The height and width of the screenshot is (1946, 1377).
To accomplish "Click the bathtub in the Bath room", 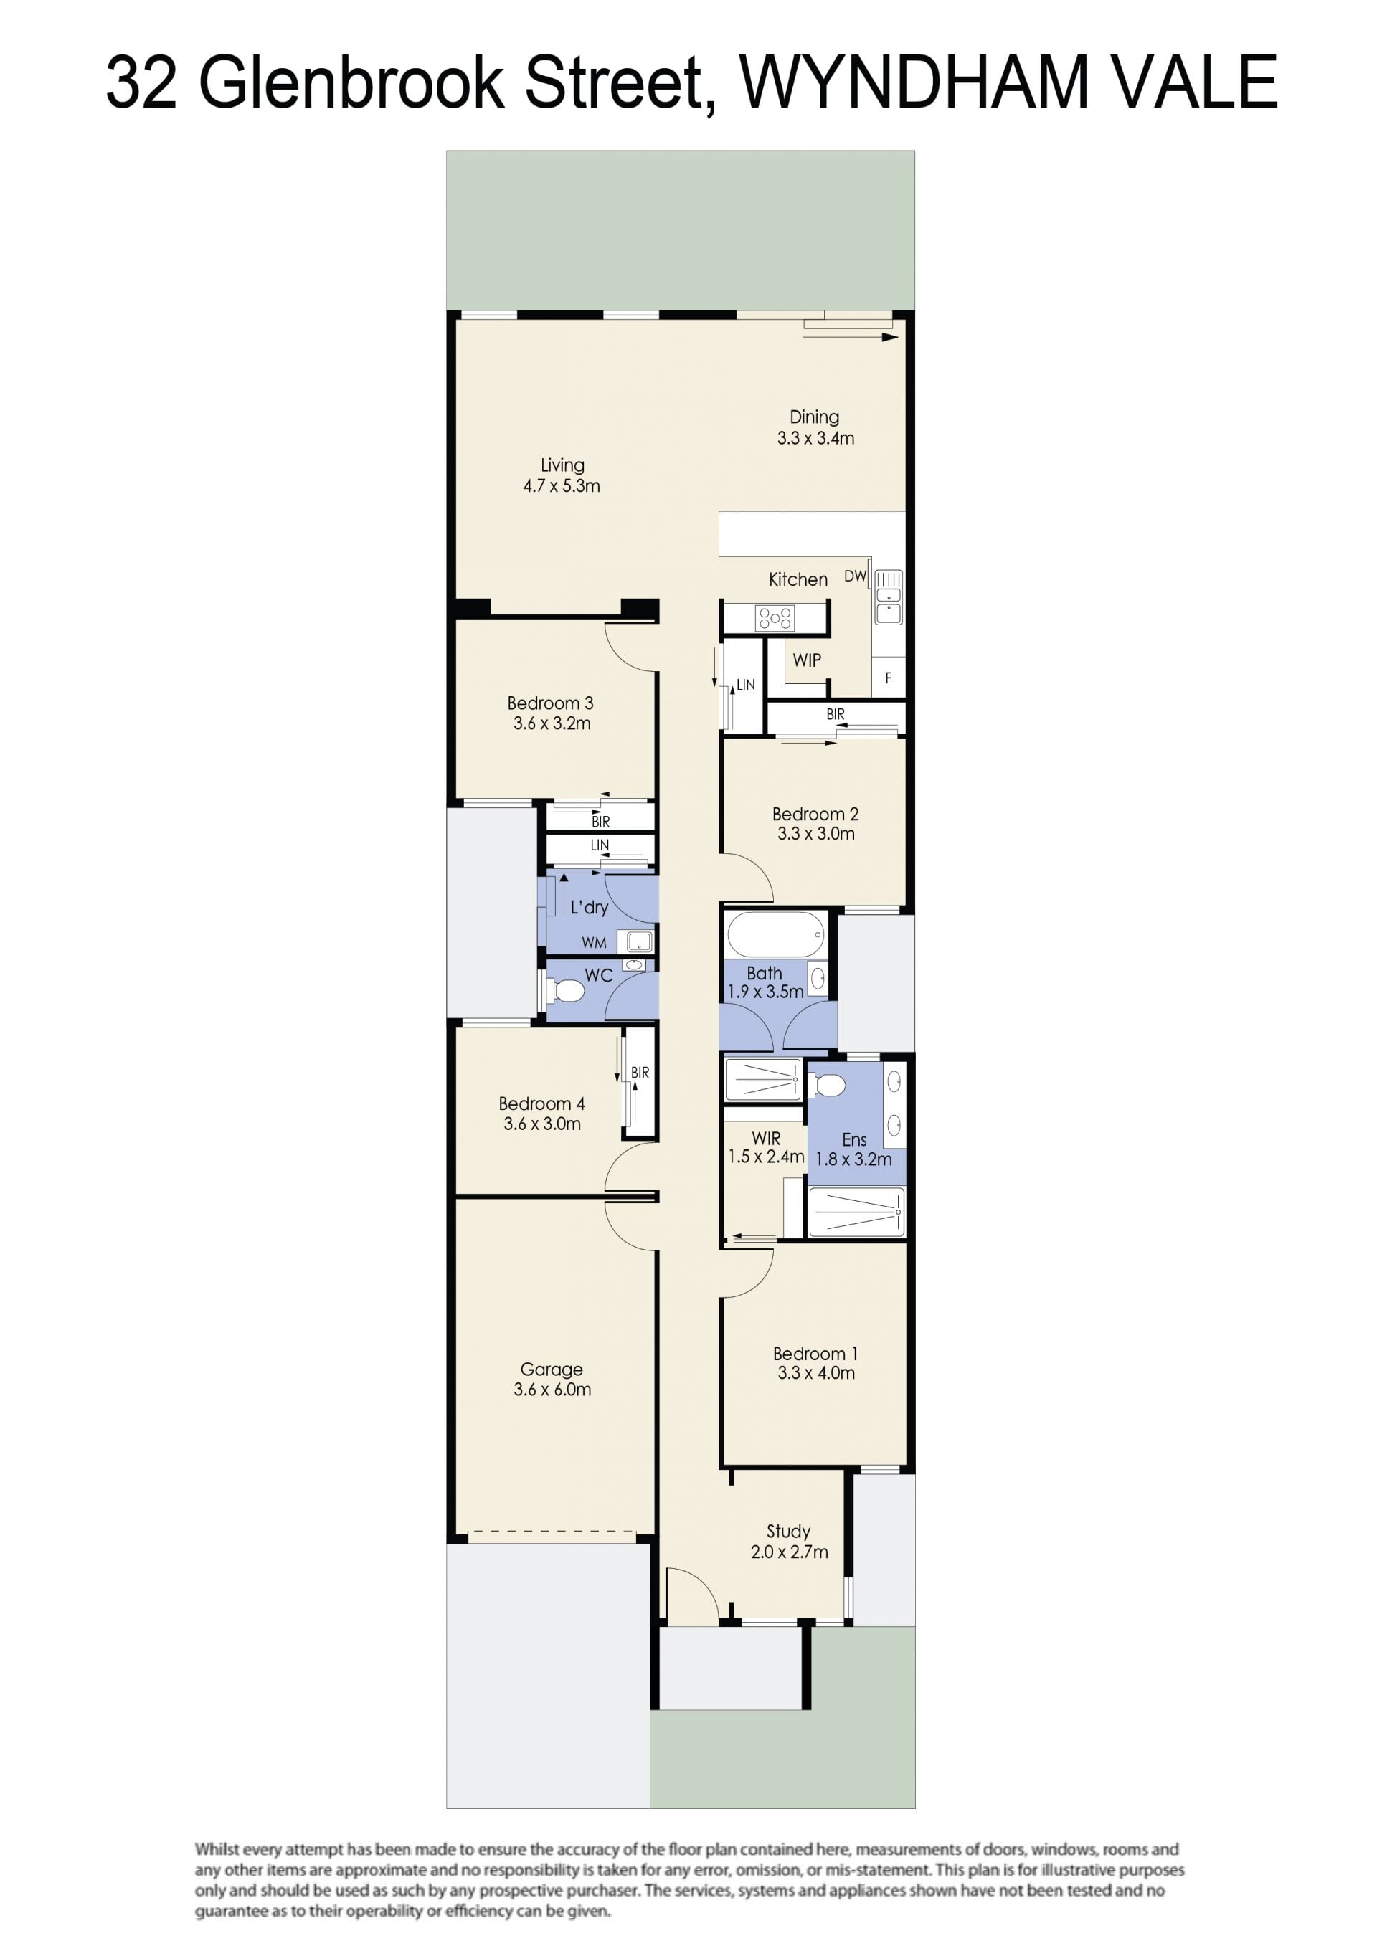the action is point(775,935).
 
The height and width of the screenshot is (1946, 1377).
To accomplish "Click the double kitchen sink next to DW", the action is point(889,597).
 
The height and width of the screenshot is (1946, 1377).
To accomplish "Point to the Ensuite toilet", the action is point(827,1084).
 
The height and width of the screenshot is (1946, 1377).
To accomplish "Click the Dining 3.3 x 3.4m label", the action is point(815,427).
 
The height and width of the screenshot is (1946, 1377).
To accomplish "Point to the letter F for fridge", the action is point(889,678).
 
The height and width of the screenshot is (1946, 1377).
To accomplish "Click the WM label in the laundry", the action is point(594,942).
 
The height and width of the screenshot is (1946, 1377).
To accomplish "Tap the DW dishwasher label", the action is point(855,576).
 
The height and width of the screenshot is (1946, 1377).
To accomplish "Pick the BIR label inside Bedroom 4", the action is point(640,1073).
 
